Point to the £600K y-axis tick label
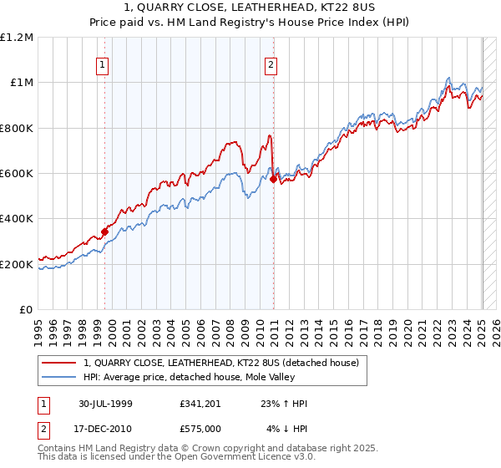[x=17, y=174]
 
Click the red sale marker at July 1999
[x=105, y=231]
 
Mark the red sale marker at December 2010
[x=274, y=179]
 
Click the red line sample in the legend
[x=59, y=363]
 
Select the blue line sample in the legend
[x=59, y=376]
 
